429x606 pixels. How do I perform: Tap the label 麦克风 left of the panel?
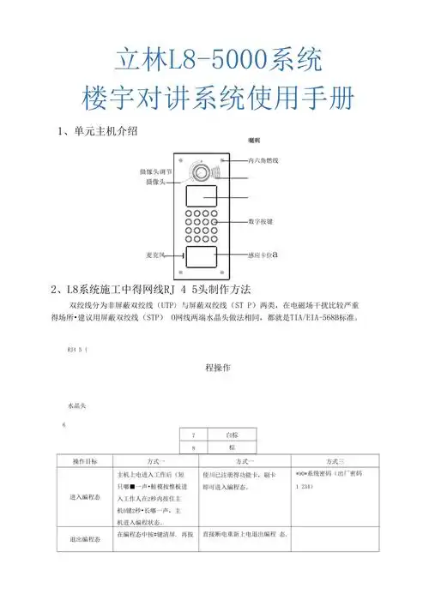tap(156, 255)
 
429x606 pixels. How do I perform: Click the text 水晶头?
tap(71, 405)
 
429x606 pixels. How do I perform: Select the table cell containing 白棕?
tap(232, 435)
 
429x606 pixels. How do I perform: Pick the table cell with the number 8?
tap(195, 447)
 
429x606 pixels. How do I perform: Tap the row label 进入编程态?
tap(83, 496)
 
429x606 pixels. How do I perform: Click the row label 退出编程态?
tap(83, 540)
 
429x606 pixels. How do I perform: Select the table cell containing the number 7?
tap(195, 435)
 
